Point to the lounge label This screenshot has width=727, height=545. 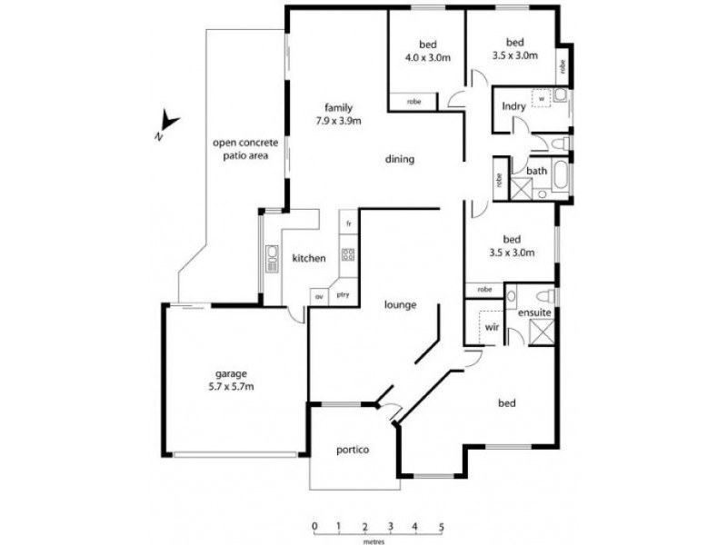coord(400,305)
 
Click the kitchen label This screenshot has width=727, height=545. coord(308,259)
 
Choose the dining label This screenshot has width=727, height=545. coord(399,160)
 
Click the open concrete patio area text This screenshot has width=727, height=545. coord(242,149)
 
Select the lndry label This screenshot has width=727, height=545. coord(513,107)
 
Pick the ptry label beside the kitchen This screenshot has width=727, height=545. coord(343,295)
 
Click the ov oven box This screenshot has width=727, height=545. coord(319,296)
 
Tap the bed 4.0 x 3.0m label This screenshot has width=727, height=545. coord(427,49)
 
